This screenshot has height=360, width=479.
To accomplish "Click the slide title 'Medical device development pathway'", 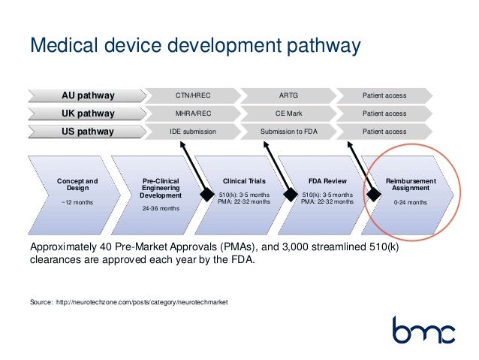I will pyautogui.click(x=195, y=47).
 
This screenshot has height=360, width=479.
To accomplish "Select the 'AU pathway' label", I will pyautogui.click(x=88, y=95).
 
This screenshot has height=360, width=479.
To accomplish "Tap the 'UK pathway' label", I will pyautogui.click(x=88, y=113).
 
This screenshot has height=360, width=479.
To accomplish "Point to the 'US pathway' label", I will pyautogui.click(x=88, y=132).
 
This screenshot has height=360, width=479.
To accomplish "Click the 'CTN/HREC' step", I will pyautogui.click(x=192, y=95).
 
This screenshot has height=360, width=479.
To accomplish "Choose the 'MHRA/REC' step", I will pyautogui.click(x=192, y=113).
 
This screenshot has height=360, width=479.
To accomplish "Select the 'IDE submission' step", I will pyautogui.click(x=192, y=132).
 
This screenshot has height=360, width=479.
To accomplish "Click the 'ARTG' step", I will pyautogui.click(x=288, y=95).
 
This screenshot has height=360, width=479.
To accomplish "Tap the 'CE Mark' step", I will pyautogui.click(x=288, y=113).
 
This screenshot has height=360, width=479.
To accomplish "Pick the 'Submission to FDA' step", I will pyautogui.click(x=288, y=132).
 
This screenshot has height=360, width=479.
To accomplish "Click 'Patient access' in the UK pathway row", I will pyautogui.click(x=384, y=113).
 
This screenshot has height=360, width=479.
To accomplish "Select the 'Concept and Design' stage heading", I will pyautogui.click(x=77, y=185).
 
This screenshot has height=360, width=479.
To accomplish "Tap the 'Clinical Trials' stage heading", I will pyautogui.click(x=244, y=181).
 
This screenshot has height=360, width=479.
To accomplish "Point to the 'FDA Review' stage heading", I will pyautogui.click(x=327, y=181).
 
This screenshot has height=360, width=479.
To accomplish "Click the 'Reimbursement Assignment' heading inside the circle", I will pyautogui.click(x=410, y=185).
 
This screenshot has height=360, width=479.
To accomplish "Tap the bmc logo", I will pyautogui.click(x=423, y=330).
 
